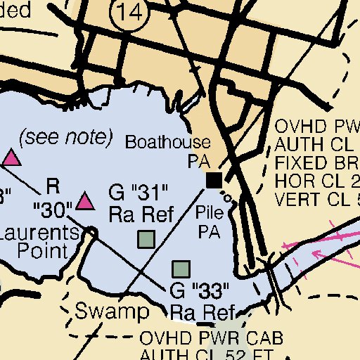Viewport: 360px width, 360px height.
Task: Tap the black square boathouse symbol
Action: (213, 180)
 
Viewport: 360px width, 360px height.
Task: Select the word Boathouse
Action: (167, 142)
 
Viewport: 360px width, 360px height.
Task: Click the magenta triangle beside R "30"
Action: (85, 202)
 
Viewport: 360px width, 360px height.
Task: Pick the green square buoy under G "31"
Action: (146, 240)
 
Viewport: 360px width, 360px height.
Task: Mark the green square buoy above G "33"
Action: (181, 269)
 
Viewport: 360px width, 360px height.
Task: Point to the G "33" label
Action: (200, 290)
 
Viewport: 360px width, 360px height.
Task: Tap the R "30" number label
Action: (52, 209)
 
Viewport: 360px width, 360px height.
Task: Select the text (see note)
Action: (65, 136)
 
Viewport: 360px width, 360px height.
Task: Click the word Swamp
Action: (112, 311)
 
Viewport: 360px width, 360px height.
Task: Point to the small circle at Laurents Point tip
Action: (92, 232)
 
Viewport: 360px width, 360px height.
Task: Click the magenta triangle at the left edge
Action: (10, 157)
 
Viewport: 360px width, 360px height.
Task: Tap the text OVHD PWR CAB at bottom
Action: (212, 339)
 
